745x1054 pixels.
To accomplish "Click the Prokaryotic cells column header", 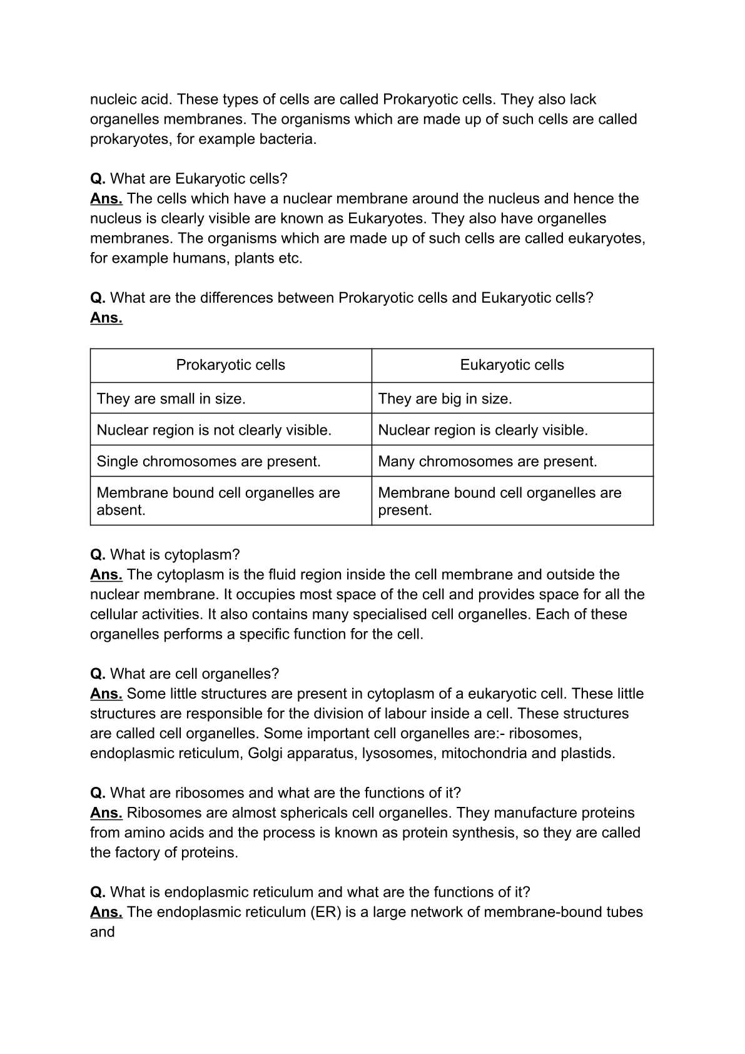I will (230, 365).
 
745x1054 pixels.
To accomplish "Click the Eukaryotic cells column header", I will (512, 365).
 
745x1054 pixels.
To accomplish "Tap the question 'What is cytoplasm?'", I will (175, 555).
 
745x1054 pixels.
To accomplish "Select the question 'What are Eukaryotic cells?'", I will (198, 179).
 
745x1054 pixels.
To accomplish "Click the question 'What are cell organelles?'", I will (194, 674).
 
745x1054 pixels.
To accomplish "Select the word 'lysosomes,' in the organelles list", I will (399, 753).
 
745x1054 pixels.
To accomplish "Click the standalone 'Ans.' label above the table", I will (106, 318).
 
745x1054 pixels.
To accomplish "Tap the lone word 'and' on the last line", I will (102, 932).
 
